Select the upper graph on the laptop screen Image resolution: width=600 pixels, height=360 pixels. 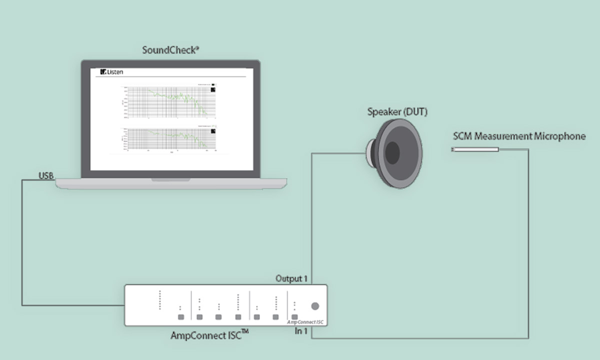point(170,102)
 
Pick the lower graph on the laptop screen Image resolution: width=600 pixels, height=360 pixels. point(170,138)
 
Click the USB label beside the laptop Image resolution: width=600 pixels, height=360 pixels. point(46,175)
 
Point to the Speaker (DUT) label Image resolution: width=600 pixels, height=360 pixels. point(397,112)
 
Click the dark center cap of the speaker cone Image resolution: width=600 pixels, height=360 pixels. point(392,153)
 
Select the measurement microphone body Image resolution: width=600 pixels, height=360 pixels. point(475,149)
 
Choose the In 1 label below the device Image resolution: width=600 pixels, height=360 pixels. point(301,331)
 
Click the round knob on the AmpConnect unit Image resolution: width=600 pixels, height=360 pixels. point(315,306)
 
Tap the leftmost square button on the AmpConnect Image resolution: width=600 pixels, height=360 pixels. point(180,317)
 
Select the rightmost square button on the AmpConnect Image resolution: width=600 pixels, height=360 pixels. point(294,317)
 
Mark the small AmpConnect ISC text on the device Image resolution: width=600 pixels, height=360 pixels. point(306,322)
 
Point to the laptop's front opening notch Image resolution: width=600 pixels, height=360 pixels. point(171,179)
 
